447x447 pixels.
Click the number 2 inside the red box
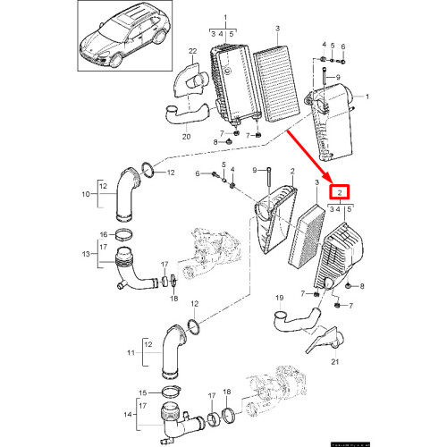coord(341,192)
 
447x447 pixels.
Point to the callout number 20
coord(186,137)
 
